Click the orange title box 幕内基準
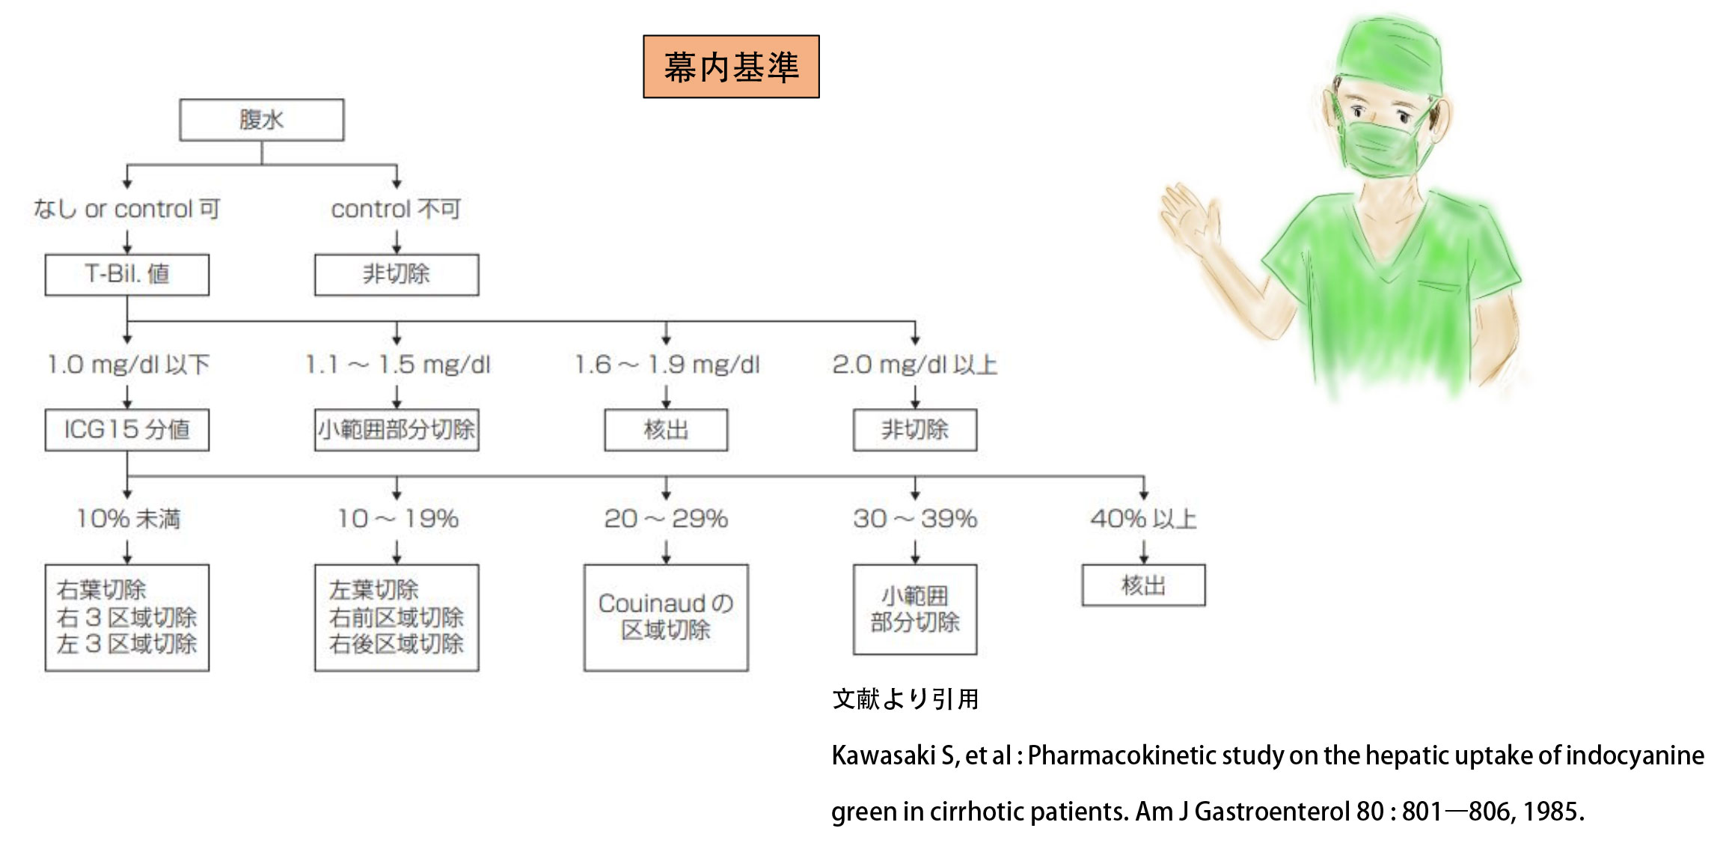(731, 67)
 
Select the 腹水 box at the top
(262, 120)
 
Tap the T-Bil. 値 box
(127, 275)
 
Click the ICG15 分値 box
(127, 430)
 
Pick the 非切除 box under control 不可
(397, 275)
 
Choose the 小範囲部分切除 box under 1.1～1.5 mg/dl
(397, 430)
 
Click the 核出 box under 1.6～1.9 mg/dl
(666, 430)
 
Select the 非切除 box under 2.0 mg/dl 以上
(915, 430)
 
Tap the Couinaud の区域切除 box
(666, 618)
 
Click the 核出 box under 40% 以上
(1144, 585)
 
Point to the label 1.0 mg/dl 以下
(129, 365)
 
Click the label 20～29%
(666, 519)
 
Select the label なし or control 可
(126, 209)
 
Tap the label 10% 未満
(128, 519)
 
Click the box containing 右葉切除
(127, 618)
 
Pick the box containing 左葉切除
(397, 618)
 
